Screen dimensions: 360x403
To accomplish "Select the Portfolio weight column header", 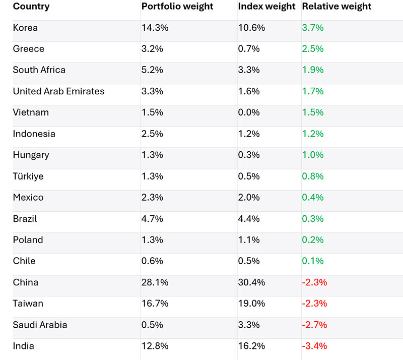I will (177, 7).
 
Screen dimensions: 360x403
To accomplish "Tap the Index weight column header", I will (266, 7).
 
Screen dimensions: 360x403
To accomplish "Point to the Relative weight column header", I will (337, 7).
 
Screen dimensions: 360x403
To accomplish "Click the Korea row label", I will (25, 28).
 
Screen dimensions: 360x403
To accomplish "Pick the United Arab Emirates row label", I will (58, 92).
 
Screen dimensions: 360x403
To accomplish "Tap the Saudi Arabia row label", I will (40, 325).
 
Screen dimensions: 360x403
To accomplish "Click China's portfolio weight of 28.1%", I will (155, 282).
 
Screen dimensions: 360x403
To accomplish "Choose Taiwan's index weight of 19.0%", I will (251, 304).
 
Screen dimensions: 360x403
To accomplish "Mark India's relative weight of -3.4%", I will (314, 346).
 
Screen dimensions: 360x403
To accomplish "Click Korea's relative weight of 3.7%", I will (313, 28).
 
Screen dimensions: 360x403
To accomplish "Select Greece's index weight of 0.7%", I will (249, 49).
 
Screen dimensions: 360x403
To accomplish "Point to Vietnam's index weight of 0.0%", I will (249, 113).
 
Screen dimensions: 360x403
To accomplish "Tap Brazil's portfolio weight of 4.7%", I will (152, 219).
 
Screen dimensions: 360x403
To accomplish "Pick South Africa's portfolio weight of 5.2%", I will (152, 71).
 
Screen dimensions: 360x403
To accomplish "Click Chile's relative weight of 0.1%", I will (313, 261).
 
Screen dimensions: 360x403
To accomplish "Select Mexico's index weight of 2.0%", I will (249, 198).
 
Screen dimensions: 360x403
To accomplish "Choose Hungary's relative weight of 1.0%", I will (313, 155).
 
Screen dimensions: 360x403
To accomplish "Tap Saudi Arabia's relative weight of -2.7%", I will (314, 325).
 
